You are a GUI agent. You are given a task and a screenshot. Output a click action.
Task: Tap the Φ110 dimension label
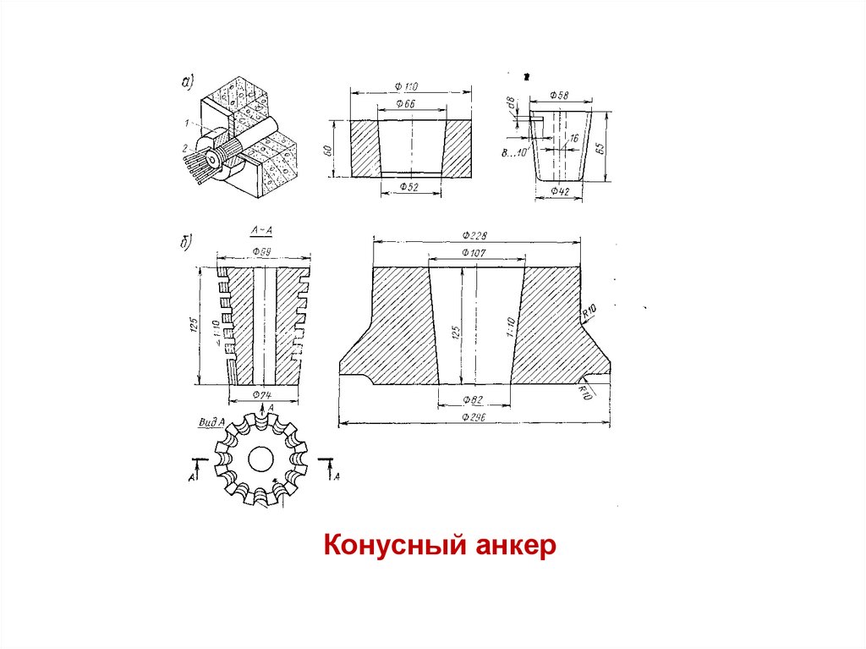point(407,86)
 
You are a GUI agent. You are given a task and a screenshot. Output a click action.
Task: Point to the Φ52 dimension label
point(409,187)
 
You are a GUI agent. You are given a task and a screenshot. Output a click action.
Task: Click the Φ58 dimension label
point(559,95)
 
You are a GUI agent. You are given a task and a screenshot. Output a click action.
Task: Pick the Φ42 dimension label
point(560,191)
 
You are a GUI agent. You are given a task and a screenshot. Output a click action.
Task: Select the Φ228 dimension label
point(475,235)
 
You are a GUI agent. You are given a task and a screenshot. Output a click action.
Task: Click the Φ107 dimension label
point(475,252)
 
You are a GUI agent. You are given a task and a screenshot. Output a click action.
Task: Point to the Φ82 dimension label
point(473,399)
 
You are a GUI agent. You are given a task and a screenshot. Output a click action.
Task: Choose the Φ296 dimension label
point(475,416)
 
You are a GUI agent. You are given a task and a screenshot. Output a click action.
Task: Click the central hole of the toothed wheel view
point(261,459)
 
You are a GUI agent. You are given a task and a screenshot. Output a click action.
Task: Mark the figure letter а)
point(187,82)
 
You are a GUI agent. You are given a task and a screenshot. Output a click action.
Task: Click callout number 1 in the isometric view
point(184,124)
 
